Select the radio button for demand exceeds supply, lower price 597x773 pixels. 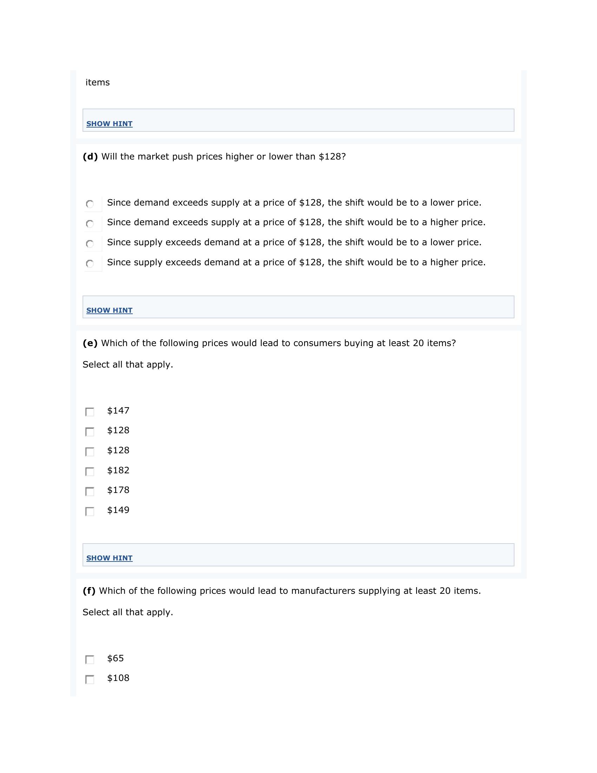90,204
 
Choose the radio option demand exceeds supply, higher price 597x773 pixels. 90,224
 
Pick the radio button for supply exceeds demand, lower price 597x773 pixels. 90,244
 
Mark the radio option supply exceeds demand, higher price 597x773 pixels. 90,264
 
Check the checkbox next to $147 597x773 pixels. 90,412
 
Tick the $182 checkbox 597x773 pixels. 90,472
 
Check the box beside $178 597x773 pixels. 90,491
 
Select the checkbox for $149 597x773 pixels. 90,512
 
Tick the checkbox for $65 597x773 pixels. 90,660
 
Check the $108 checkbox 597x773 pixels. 90,679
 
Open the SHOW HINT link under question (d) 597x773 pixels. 109,310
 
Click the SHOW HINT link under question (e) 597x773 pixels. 109,558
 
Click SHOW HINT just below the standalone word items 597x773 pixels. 109,124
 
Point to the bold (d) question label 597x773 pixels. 90,157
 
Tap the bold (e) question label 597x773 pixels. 90,343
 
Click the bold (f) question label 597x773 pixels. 89,591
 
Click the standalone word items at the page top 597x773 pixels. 98,83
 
